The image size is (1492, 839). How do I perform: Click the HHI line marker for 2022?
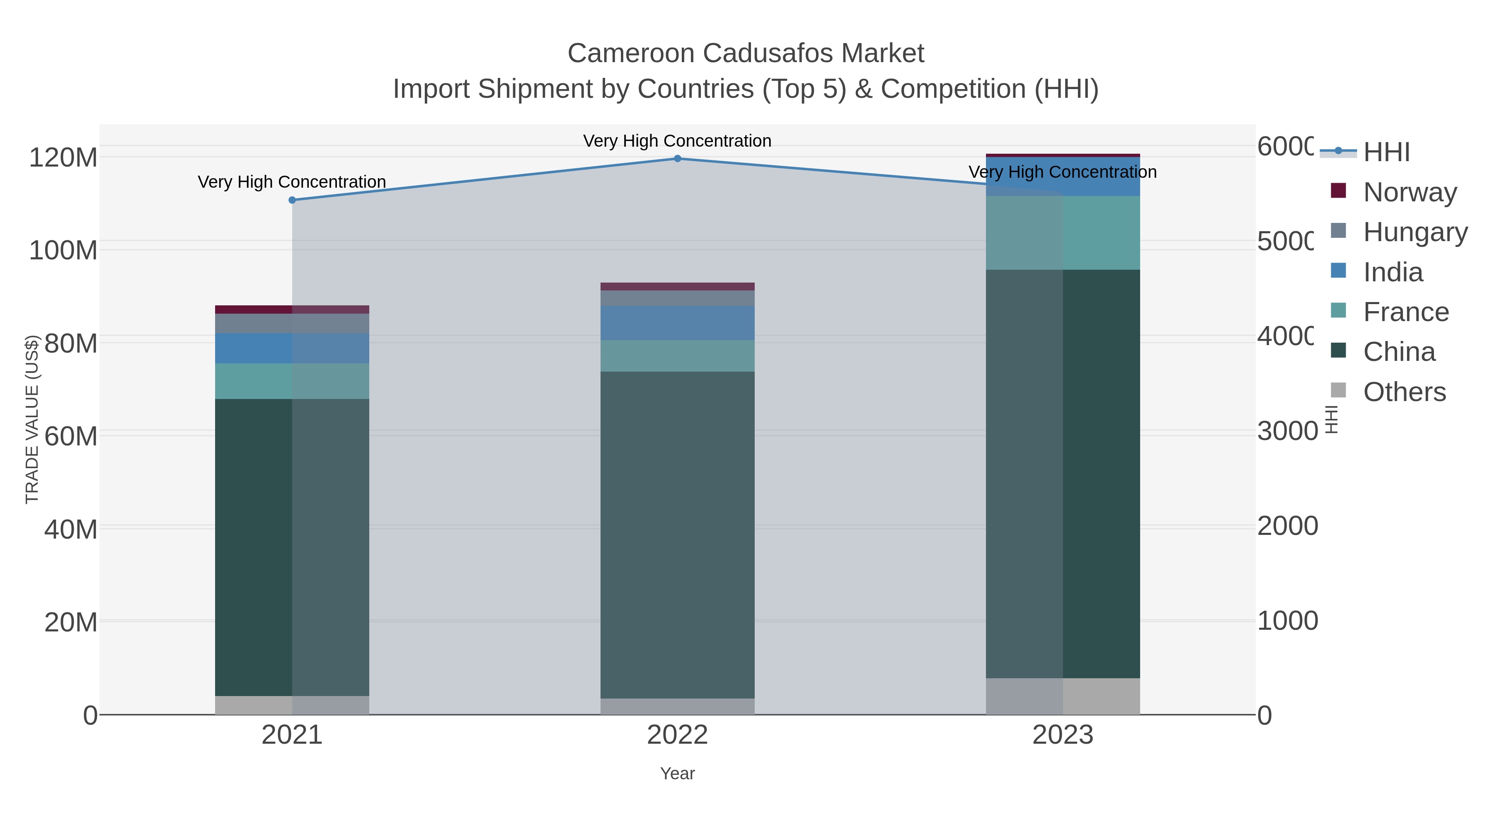677,158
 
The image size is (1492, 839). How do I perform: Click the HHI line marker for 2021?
292,200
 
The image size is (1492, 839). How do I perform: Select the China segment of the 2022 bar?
677,533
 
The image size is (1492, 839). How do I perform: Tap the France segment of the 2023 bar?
1063,233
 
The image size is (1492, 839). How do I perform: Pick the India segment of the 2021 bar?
292,348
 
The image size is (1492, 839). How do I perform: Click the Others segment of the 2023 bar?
1063,696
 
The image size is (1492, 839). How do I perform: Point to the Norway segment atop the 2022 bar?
677,286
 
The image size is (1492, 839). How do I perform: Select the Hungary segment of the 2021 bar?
292,323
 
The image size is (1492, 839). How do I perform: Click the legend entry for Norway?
1409,192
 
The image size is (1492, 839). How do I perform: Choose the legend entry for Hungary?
1414,232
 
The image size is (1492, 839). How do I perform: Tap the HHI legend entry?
1385,152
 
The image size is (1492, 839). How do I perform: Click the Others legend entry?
1404,392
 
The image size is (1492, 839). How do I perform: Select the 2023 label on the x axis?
1063,735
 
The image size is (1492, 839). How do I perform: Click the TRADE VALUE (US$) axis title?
32,419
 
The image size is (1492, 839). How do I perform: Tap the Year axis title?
677,774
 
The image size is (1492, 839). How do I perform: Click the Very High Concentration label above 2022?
677,141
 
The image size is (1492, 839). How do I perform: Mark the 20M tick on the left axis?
70,622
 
